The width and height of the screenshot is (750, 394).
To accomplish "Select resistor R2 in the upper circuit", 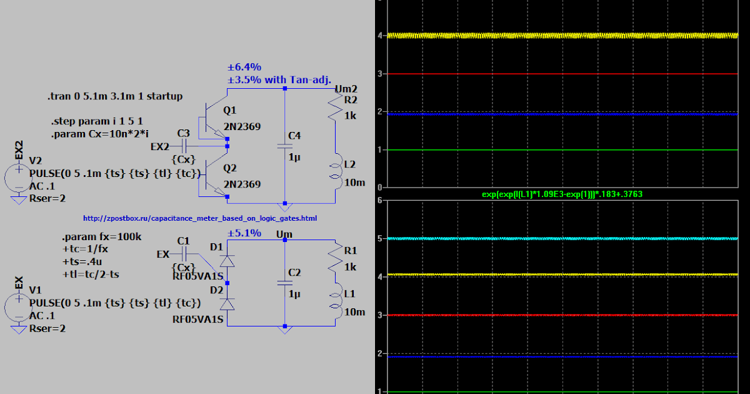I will point(336,109).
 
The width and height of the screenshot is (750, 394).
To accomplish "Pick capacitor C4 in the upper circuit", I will point(285,144).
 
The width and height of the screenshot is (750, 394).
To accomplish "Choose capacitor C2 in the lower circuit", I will point(285,283).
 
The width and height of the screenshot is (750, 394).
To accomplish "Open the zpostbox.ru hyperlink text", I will point(200,218).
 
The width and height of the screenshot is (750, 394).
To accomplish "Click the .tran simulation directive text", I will point(115,96).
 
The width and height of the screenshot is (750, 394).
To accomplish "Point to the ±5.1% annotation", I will point(244,233).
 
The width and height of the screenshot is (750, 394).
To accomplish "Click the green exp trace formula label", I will point(562,194).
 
